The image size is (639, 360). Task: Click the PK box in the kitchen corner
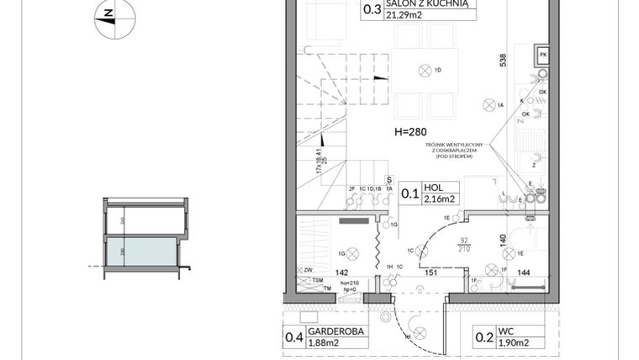[542, 55]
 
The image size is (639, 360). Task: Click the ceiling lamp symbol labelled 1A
[487, 105]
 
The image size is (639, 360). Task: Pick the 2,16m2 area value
[439, 199]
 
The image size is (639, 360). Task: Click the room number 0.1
[409, 194]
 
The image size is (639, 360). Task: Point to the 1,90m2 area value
[512, 342]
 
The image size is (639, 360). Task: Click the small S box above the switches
[389, 179]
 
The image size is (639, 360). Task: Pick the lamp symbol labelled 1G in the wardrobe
[353, 253]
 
